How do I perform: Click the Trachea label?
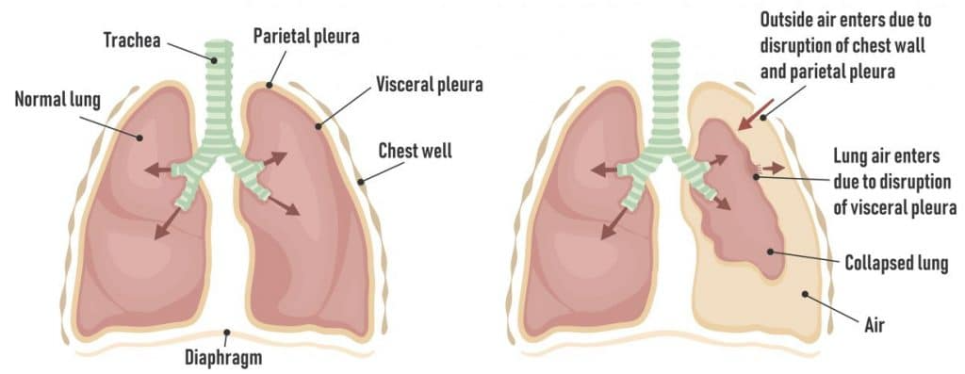(132, 41)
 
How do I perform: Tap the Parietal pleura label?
(306, 37)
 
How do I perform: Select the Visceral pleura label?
(430, 85)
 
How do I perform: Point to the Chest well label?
(415, 150)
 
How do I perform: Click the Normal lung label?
(57, 100)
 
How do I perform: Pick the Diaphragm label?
(223, 357)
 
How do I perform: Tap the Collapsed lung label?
(895, 263)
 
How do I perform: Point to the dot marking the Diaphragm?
(226, 333)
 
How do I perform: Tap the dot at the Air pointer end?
(805, 295)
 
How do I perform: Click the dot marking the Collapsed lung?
(770, 251)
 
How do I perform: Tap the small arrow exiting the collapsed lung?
(775, 168)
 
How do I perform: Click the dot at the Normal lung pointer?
(140, 138)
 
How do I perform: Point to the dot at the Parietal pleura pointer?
(269, 85)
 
